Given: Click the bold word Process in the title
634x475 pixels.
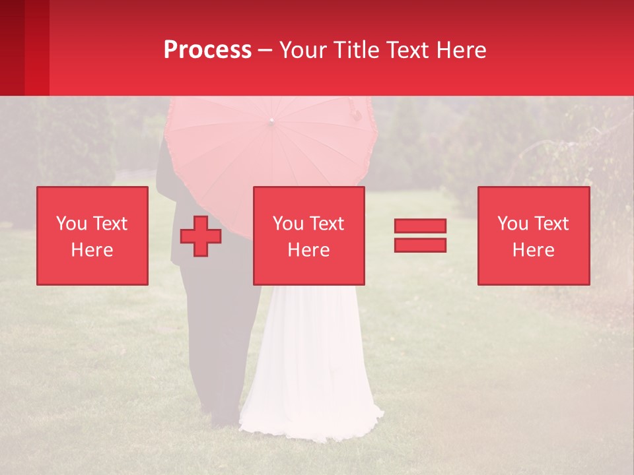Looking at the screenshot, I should [207, 50].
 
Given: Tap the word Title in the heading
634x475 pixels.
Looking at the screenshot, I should [356, 50].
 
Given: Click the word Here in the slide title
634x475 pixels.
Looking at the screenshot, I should [461, 50].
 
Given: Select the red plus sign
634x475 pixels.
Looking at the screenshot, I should [201, 236].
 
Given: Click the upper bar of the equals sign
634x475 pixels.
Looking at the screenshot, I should [420, 226].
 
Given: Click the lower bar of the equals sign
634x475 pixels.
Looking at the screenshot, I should [420, 245].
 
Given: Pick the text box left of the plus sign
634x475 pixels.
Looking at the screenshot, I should [92, 236].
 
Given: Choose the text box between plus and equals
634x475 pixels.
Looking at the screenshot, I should [309, 236].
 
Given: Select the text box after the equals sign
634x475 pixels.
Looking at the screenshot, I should [534, 236].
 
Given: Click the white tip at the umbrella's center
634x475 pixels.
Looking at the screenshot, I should [271, 121].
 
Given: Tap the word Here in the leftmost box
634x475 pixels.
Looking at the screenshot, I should [92, 250].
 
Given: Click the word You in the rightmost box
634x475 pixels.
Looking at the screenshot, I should [512, 224].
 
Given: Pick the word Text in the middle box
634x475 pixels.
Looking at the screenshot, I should [326, 224].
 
